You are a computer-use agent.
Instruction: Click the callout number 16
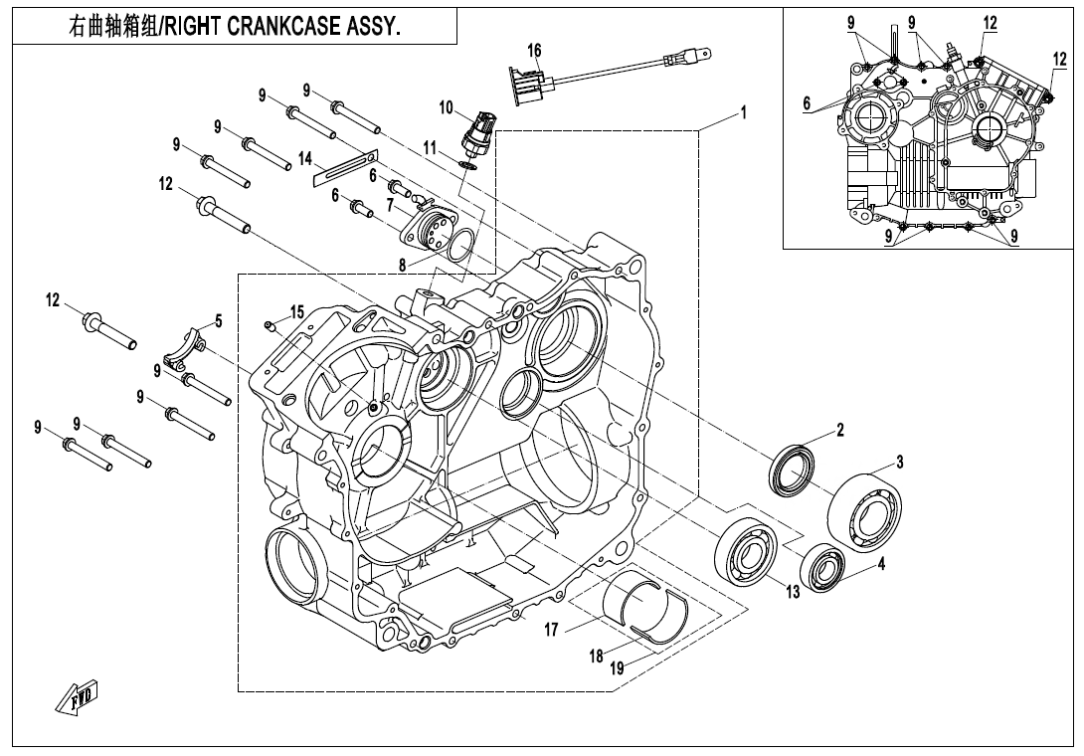pos(534,51)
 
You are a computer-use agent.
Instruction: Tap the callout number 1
pos(742,111)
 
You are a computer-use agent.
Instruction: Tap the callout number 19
pos(617,668)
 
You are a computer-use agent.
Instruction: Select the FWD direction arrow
pos(80,700)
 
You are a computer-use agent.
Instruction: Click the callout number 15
pos(297,312)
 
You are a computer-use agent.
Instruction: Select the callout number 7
pos(391,204)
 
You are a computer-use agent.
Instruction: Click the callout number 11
pos(430,147)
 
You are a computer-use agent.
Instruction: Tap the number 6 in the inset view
pos(808,102)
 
